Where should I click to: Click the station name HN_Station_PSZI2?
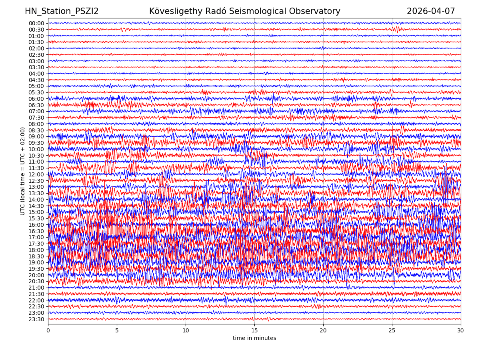(x=62, y=12)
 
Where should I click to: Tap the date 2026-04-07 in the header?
(x=431, y=12)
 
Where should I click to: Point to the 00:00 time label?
(x=36, y=23)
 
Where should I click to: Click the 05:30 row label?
(x=36, y=92)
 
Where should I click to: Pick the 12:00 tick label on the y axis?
(x=36, y=174)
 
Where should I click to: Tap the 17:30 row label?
(x=36, y=244)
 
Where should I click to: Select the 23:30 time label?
(x=36, y=319)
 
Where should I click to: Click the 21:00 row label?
(x=36, y=288)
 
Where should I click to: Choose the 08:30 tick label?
(x=36, y=130)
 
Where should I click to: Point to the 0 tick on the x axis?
(x=48, y=331)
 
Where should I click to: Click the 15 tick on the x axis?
(x=254, y=331)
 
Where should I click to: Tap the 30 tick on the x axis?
(x=461, y=331)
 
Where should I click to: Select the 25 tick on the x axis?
(x=392, y=331)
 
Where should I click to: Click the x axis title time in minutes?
(x=254, y=338)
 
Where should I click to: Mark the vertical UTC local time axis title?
(x=23, y=171)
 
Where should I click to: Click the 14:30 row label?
(x=36, y=206)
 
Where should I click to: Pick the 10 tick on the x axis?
(x=186, y=331)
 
